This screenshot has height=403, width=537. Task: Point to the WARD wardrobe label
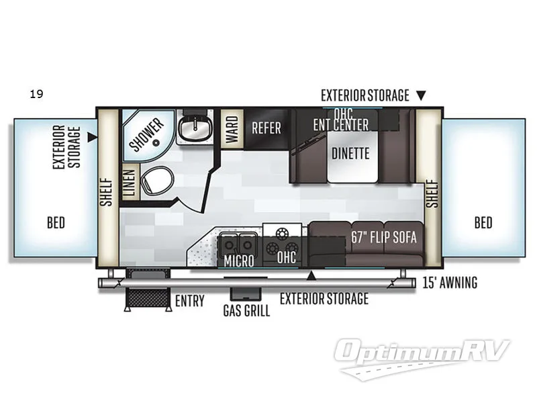click(x=232, y=126)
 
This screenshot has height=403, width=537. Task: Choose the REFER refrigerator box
click(x=266, y=127)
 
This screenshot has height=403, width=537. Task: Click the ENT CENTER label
click(x=340, y=124)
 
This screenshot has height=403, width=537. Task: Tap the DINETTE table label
click(x=350, y=153)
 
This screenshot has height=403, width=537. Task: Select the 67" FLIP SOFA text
click(x=384, y=237)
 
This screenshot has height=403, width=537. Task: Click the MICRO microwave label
click(x=239, y=261)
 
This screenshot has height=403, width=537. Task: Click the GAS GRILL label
click(x=246, y=311)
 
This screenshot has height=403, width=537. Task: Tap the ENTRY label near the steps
click(x=189, y=300)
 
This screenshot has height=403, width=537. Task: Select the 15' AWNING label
click(x=450, y=283)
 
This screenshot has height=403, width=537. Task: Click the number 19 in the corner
click(x=36, y=94)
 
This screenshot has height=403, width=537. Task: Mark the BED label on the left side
click(x=56, y=222)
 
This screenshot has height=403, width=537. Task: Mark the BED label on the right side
click(x=483, y=222)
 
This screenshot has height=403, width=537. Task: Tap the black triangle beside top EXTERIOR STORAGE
click(x=421, y=96)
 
